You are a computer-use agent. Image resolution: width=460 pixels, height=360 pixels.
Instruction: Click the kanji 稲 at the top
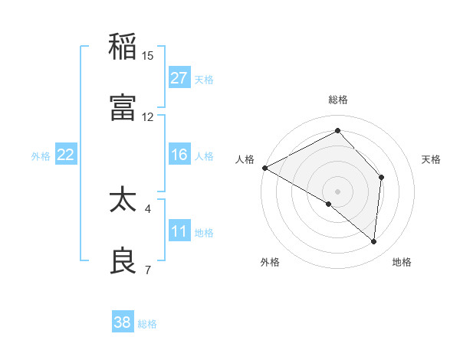click(123, 47)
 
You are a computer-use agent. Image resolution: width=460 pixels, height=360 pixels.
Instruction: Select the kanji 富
click(123, 108)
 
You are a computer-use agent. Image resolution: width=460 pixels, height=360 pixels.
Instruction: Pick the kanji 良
click(123, 261)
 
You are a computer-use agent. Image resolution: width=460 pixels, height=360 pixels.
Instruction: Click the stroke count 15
click(148, 56)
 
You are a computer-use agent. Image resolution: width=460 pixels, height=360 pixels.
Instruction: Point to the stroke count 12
click(148, 117)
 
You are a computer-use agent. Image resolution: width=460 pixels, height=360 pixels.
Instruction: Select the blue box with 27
click(179, 78)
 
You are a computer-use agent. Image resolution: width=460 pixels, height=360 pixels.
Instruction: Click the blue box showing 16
click(179, 155)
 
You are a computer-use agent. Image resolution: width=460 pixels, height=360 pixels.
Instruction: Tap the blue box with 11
click(179, 231)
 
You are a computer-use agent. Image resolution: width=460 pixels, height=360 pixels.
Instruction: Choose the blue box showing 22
click(66, 155)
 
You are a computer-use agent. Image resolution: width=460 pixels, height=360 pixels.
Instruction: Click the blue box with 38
click(123, 322)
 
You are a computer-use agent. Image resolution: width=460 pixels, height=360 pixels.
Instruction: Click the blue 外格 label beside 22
click(41, 156)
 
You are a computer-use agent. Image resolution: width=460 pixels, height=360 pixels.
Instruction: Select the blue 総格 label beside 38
click(147, 324)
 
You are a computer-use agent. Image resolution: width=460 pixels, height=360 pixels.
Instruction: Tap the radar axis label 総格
click(338, 100)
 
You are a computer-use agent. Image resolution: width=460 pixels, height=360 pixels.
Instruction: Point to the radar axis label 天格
click(432, 159)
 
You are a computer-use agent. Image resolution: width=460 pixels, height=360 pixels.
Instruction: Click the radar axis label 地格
click(402, 262)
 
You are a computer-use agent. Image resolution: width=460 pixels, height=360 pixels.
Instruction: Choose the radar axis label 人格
click(245, 159)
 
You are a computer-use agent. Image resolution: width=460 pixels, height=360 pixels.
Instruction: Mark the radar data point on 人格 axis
click(264, 168)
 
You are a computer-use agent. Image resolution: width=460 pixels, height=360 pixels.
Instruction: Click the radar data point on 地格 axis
click(374, 241)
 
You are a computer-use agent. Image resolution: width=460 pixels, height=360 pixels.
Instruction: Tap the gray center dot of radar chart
click(337, 191)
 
